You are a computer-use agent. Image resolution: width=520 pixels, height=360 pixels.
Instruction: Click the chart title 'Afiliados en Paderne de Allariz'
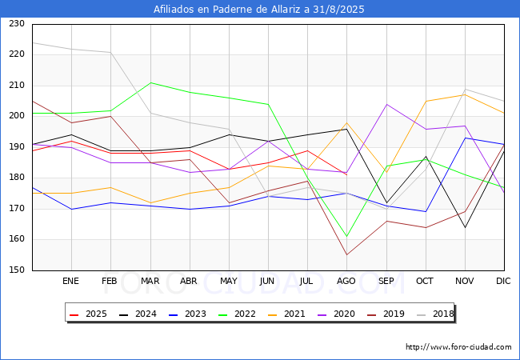pos(227,10)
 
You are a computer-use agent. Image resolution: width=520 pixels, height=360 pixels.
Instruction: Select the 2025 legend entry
pos(88,314)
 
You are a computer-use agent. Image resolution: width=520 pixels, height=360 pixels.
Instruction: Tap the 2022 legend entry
pos(237,314)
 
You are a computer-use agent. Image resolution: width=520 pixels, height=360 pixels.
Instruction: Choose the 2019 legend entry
pos(386,314)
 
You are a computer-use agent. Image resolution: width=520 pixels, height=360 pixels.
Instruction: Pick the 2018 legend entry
pos(435,314)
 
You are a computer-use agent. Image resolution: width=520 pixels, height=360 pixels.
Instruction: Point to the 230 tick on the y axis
pos(17,23)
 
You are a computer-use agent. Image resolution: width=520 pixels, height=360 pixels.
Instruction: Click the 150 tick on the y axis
pos(17,270)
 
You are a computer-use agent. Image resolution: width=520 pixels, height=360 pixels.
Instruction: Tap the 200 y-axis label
pos(17,116)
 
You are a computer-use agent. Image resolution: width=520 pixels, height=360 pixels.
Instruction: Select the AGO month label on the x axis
pos(346,281)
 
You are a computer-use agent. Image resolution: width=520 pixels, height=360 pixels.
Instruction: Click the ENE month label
pos(70,281)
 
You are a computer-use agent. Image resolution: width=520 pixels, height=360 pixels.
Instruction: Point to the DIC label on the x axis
pos(503,281)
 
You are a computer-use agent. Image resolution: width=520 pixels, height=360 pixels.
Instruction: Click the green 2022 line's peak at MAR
pos(150,82)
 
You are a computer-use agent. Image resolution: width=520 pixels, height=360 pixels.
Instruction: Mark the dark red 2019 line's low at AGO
pos(347,254)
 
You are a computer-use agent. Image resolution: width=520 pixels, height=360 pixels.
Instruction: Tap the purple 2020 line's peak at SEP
pos(386,105)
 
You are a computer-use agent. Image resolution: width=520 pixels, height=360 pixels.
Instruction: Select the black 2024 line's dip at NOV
pos(466,227)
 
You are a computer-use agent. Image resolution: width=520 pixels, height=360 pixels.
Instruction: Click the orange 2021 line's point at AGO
pos(347,122)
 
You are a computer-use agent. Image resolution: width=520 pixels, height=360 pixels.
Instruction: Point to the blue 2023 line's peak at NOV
pos(466,138)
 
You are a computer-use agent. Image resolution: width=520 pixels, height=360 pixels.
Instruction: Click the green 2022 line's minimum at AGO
pos(347,236)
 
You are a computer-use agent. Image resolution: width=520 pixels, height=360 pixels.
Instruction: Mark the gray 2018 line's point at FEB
pos(110,52)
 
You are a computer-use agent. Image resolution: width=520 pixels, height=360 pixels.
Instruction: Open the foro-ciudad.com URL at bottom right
pos(458,347)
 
